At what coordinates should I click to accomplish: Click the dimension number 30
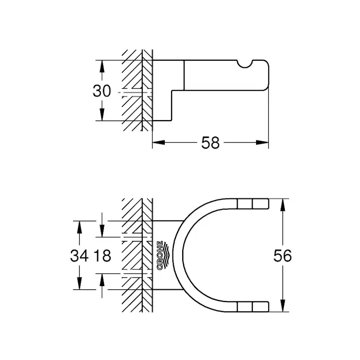point(101,91)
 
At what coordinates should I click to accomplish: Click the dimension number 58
point(210,142)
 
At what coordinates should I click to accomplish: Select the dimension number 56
point(283,256)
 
